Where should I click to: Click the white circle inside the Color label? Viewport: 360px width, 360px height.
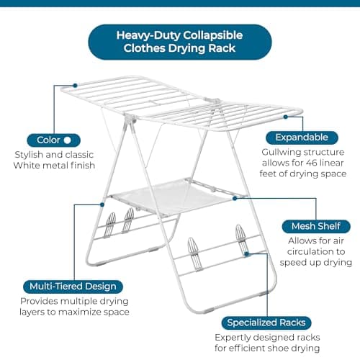(x=67, y=140)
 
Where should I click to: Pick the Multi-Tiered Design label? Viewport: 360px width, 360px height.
(x=72, y=286)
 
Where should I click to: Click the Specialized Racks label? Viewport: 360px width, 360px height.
(x=266, y=322)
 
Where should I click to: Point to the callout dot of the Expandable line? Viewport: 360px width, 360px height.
(x=285, y=115)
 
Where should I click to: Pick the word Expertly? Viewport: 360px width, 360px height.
(x=233, y=337)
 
